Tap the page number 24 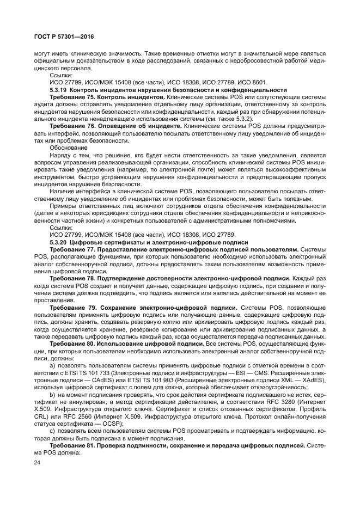pos(37,463)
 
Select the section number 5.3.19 pos(59,90)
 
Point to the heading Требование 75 pos(74,97)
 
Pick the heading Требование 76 pos(74,125)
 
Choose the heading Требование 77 pos(74,249)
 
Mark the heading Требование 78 pos(74,278)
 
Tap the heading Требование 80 pos(74,344)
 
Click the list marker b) pos(53,394)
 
